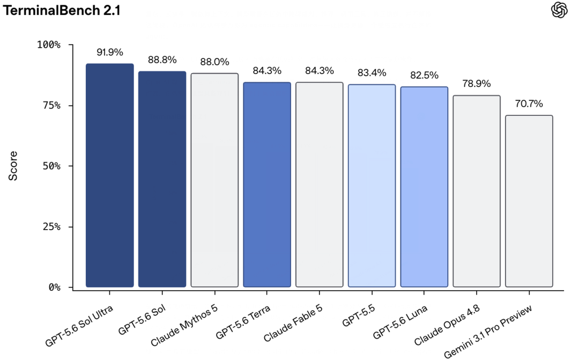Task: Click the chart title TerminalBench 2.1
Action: point(62,10)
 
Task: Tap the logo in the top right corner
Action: point(559,10)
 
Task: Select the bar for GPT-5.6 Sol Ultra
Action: point(110,175)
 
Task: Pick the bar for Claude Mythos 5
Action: point(214,180)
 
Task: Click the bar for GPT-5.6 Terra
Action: point(267,185)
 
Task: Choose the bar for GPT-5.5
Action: point(372,186)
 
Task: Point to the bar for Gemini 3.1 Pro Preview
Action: point(529,201)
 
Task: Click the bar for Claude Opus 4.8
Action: point(477,191)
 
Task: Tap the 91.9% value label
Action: point(110,52)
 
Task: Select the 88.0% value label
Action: point(214,62)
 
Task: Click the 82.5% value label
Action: point(424,76)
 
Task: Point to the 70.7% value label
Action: point(529,104)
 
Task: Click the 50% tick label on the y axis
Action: point(51,166)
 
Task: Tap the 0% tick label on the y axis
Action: point(55,287)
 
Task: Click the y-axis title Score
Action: point(13,166)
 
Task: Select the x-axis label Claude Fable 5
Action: point(293,322)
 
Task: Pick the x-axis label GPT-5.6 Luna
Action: point(400,322)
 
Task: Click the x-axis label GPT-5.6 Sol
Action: point(142,320)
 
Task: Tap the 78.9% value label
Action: point(477,84)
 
